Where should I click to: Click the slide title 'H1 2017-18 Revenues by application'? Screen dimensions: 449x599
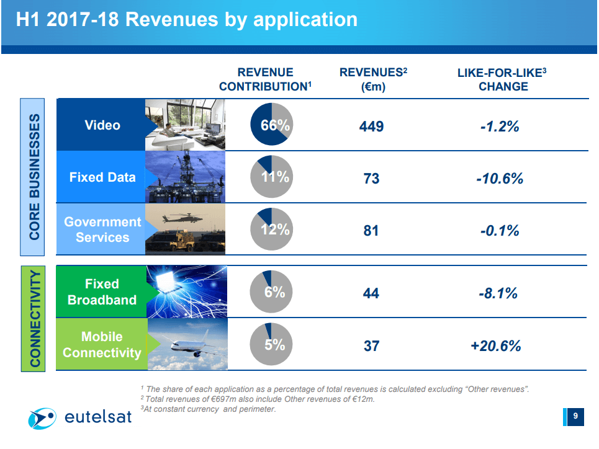click(186, 19)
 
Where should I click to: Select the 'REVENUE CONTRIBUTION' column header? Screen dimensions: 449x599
click(265, 79)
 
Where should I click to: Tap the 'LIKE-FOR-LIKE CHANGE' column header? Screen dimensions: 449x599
click(503, 79)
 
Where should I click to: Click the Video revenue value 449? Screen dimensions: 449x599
click(371, 127)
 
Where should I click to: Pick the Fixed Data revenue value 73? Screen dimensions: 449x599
click(371, 179)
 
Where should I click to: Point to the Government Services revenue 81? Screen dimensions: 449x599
click(371, 231)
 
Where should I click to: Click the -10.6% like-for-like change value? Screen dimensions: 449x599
click(500, 179)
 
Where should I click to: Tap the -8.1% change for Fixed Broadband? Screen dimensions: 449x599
click(498, 293)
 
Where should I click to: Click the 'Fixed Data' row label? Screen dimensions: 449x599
click(102, 177)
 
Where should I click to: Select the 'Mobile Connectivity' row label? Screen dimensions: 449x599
click(102, 345)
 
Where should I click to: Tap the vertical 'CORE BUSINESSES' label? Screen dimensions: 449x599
click(35, 177)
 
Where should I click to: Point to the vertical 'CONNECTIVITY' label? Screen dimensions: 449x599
click(35, 318)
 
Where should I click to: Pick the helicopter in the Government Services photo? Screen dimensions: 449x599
click(180, 218)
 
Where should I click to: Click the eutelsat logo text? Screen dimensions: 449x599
click(98, 417)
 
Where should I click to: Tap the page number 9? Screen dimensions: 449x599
click(575, 417)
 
